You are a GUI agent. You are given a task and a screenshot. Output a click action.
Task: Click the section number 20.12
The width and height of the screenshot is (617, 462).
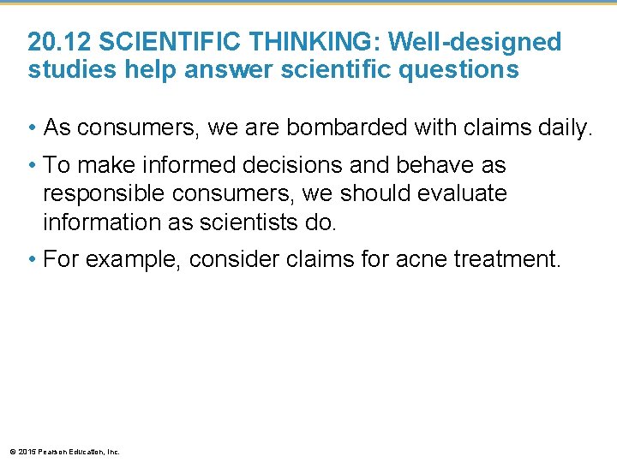pos(60,42)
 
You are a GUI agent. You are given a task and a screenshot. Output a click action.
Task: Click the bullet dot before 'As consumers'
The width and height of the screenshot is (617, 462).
pos(32,128)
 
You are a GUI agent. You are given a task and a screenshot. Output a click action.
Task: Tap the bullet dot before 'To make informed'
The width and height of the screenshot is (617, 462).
pos(32,164)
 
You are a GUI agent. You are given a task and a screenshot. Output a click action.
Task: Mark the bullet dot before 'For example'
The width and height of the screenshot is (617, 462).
pos(32,259)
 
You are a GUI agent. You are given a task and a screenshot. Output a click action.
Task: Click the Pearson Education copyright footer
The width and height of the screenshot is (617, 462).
pos(64,451)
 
